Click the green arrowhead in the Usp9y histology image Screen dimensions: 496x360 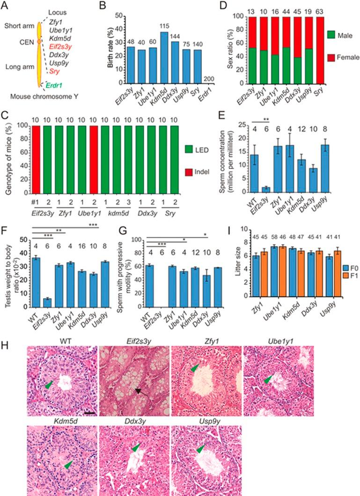200,449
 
